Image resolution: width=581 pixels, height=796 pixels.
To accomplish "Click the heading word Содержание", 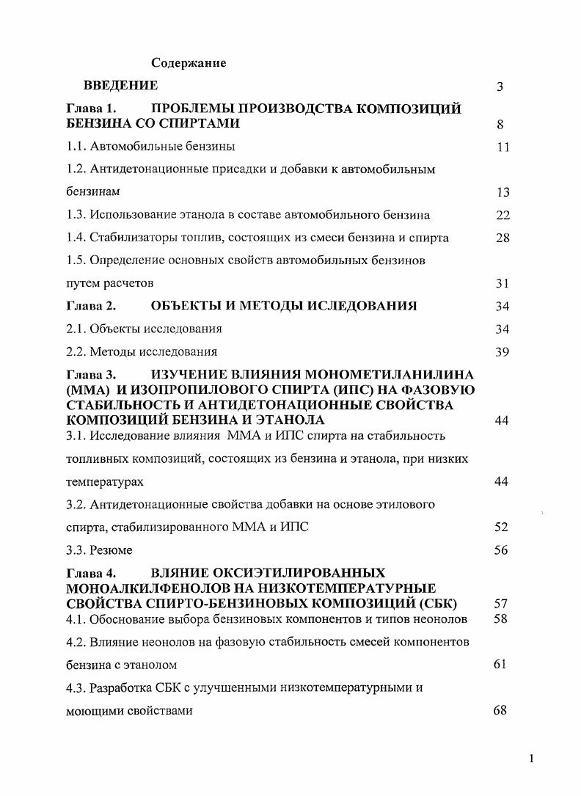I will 189,63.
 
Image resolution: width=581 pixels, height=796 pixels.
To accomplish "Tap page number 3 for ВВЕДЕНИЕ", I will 500,87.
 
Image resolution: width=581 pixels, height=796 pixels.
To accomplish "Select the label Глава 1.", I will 92,109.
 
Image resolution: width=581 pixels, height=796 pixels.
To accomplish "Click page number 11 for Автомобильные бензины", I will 502,147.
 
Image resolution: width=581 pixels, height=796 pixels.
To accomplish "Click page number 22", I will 502,215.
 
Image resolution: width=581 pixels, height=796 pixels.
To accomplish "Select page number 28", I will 502,238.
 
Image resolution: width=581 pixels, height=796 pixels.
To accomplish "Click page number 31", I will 502,283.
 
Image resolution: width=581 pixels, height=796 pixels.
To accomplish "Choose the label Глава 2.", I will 92,306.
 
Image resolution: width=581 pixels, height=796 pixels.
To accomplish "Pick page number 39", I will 502,351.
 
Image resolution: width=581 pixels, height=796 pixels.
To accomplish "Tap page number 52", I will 502,527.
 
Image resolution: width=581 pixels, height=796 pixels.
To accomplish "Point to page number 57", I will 502,603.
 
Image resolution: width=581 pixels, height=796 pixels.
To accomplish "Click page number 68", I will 500,710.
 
